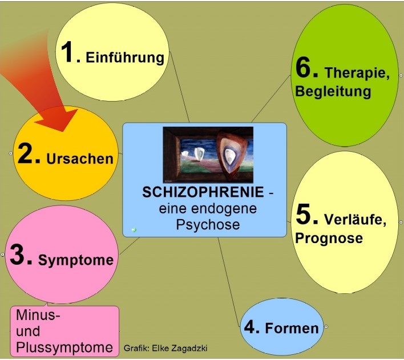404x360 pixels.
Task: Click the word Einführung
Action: [125, 58]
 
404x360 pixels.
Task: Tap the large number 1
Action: [70, 52]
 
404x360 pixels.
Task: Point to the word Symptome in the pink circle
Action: [76, 260]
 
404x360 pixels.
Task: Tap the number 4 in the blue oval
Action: [252, 327]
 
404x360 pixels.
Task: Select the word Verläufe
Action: [355, 220]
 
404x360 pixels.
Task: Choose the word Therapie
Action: [357, 74]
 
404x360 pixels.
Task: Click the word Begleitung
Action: [333, 91]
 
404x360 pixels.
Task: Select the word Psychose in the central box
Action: [207, 225]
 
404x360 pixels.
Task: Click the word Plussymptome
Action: [64, 347]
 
